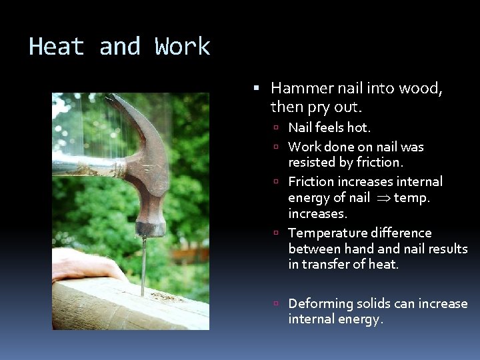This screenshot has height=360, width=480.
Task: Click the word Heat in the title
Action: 56,47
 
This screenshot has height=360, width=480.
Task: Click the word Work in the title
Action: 182,47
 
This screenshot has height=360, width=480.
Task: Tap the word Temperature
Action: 326,233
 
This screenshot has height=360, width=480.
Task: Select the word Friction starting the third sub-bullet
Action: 311,181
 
